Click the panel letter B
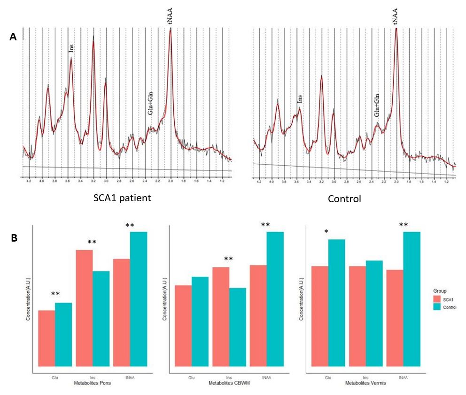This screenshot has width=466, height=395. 14,238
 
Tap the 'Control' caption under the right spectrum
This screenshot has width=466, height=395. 345,198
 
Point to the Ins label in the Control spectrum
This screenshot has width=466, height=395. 299,99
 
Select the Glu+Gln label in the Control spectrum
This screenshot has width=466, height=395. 376,105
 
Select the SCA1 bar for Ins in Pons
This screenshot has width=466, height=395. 84,308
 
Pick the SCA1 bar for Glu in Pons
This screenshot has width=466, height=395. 47,338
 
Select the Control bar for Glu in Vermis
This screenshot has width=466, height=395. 336,303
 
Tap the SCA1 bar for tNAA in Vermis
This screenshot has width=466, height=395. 395,318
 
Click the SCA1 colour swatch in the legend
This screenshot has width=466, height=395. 437,298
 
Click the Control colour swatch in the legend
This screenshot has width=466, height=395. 437,307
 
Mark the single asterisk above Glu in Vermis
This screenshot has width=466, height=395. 326,231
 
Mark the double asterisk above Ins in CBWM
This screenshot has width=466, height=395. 229,259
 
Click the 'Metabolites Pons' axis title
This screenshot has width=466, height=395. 93,383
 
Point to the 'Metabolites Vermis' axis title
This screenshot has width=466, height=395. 366,383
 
